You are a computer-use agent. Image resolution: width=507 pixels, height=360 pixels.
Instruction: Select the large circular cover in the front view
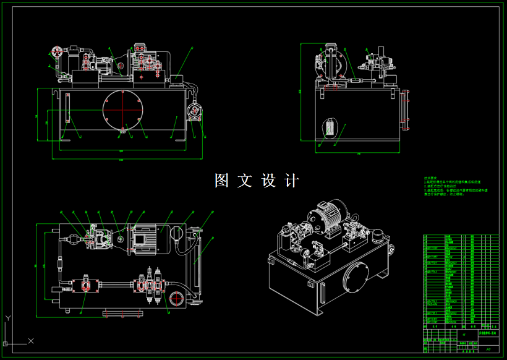(123, 110)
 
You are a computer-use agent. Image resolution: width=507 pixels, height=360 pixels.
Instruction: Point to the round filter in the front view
(195, 112)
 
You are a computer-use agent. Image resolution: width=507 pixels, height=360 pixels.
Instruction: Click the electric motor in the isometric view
(325, 216)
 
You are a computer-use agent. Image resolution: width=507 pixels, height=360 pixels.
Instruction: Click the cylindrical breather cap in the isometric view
(377, 236)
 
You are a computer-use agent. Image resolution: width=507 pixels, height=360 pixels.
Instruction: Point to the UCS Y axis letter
(7, 317)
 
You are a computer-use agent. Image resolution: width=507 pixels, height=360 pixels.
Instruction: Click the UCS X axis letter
(31, 341)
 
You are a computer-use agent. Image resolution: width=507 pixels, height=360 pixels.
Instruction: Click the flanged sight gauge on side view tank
(406, 111)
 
